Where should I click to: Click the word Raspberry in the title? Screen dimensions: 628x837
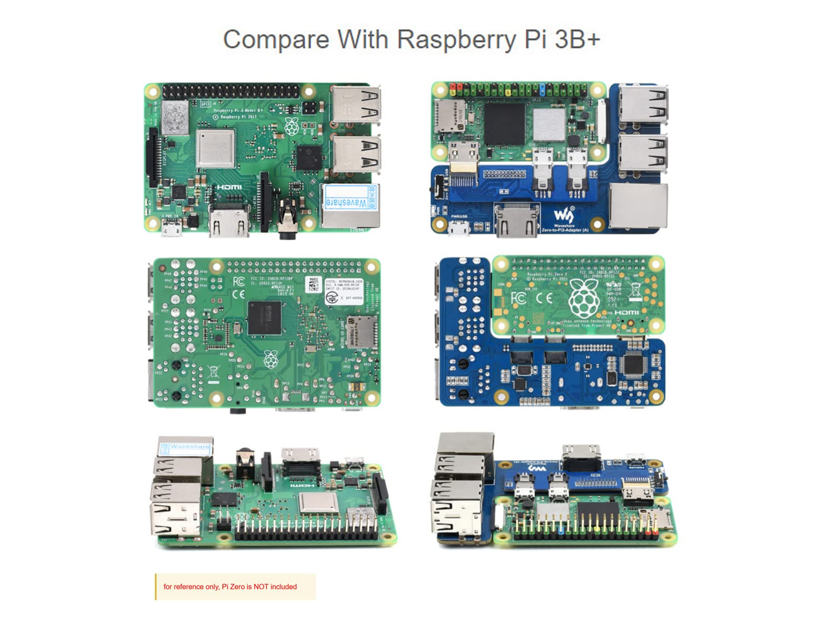pyautogui.click(x=455, y=40)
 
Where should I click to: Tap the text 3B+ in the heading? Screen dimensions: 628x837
pyautogui.click(x=576, y=40)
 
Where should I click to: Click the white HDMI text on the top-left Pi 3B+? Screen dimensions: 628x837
pyautogui.click(x=229, y=187)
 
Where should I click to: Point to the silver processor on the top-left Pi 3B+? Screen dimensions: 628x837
pyautogui.click(x=215, y=149)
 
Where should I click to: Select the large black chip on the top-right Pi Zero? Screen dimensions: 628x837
pyautogui.click(x=504, y=124)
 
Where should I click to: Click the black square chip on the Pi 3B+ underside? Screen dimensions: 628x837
pyautogui.click(x=264, y=318)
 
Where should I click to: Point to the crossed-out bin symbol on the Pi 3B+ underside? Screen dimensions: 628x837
pyautogui.click(x=213, y=373)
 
